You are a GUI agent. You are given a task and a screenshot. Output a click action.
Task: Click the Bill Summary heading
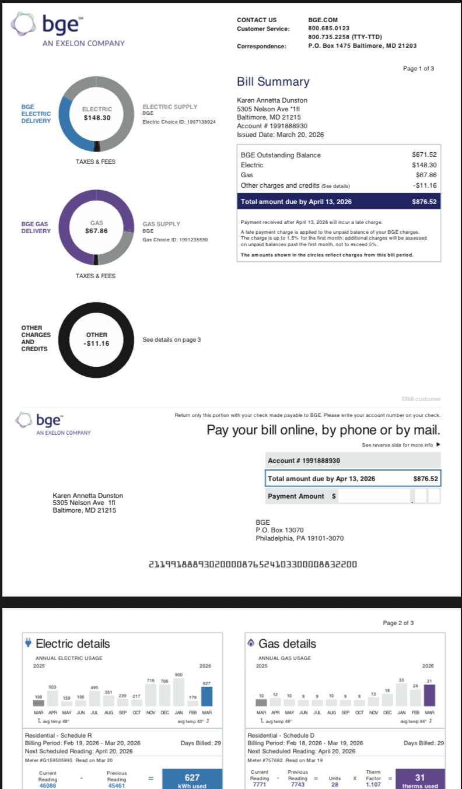click(273, 82)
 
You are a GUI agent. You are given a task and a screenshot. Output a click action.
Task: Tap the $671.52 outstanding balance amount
click(424, 155)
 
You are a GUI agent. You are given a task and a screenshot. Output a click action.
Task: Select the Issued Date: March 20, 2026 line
click(280, 135)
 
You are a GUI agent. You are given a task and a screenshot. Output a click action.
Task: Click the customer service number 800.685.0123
click(328, 29)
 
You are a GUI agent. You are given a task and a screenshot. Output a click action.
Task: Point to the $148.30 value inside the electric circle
click(97, 118)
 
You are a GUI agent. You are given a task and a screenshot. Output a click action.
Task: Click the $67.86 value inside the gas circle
click(96, 231)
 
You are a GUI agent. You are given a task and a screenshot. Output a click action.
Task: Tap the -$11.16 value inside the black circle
click(96, 343)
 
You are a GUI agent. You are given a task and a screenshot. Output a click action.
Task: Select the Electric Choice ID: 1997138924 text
click(179, 122)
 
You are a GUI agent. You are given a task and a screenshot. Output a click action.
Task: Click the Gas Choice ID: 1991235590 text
click(175, 240)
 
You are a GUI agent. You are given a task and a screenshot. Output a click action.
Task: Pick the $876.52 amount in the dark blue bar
click(424, 202)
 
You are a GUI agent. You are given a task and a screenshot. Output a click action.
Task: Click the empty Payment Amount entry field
click(373, 496)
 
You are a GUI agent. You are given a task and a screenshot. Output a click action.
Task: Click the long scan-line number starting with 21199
click(253, 564)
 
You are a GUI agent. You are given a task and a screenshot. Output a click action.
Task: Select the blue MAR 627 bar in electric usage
click(206, 696)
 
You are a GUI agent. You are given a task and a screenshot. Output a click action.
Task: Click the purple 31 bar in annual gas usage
click(429, 695)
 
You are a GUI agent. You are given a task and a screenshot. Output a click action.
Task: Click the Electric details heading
click(73, 644)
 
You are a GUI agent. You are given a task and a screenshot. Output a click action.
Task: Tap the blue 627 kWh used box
click(192, 780)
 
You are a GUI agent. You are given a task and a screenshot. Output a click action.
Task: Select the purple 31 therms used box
click(420, 780)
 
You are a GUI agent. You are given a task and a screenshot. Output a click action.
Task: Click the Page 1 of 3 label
click(418, 69)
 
